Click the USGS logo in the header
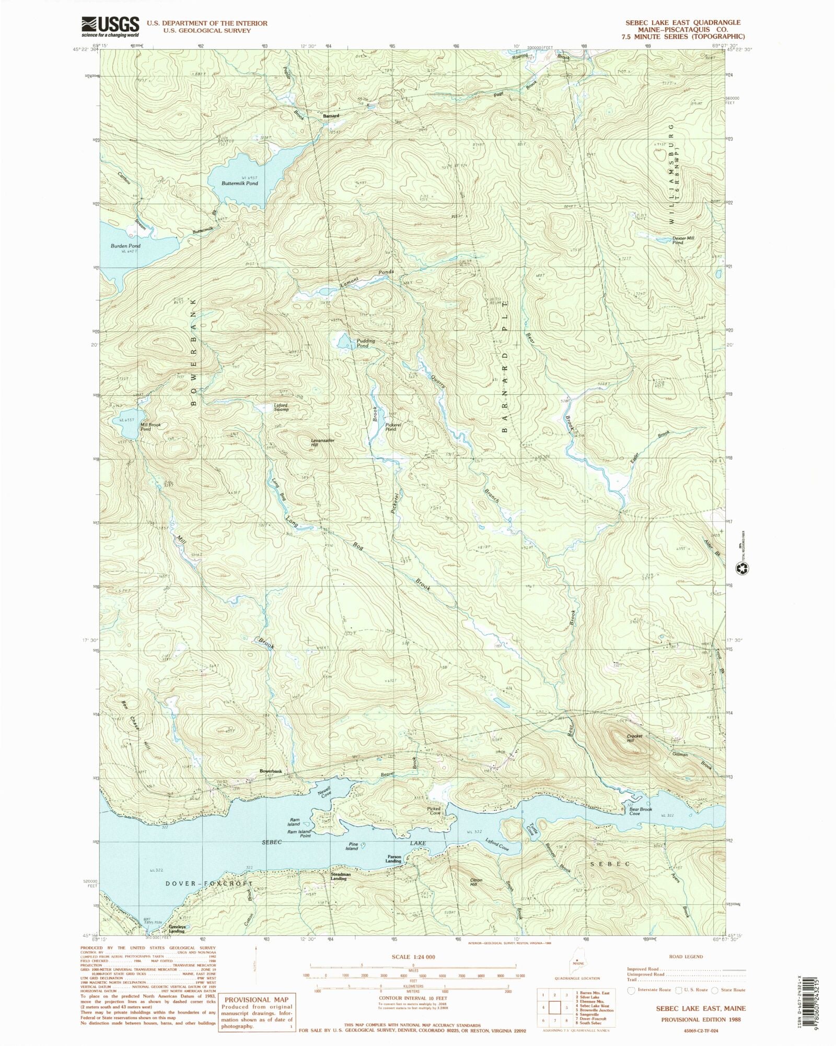point(110,26)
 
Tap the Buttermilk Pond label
point(239,183)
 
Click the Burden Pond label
point(125,245)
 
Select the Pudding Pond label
point(363,343)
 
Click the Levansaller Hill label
point(322,442)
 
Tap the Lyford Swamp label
point(281,407)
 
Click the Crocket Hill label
point(634,738)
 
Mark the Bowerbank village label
point(271,771)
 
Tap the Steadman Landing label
point(341,876)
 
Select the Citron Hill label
point(475,882)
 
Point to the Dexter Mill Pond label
point(683,240)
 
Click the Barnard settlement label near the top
point(330,115)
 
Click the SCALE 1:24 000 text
point(413,957)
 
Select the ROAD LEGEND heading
point(686,957)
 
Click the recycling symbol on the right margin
point(742,568)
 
